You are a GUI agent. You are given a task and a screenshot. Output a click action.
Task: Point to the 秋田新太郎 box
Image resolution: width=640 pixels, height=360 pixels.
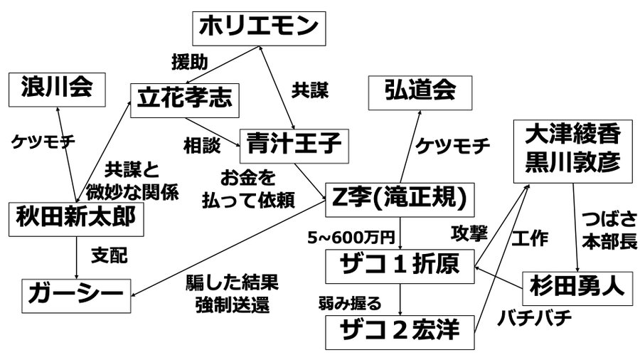pos(75,218)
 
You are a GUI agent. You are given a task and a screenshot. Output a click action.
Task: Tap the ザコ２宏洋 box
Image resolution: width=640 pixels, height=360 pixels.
pos(400,330)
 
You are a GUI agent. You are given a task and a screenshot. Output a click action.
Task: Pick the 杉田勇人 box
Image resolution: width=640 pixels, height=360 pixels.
pos(577,286)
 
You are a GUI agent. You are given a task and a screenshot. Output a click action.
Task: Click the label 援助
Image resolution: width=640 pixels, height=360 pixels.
pos(189,63)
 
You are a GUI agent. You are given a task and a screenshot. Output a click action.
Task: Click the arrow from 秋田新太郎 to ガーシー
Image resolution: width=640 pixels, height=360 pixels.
pos(75,258)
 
